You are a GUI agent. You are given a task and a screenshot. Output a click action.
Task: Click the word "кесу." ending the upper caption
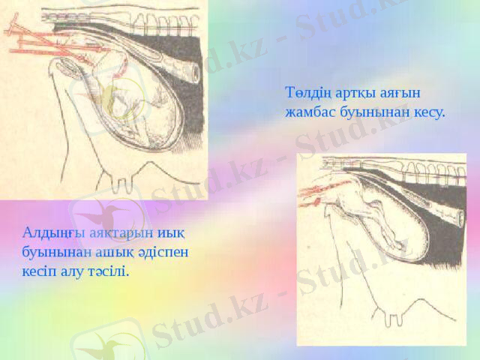click(428, 113)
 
